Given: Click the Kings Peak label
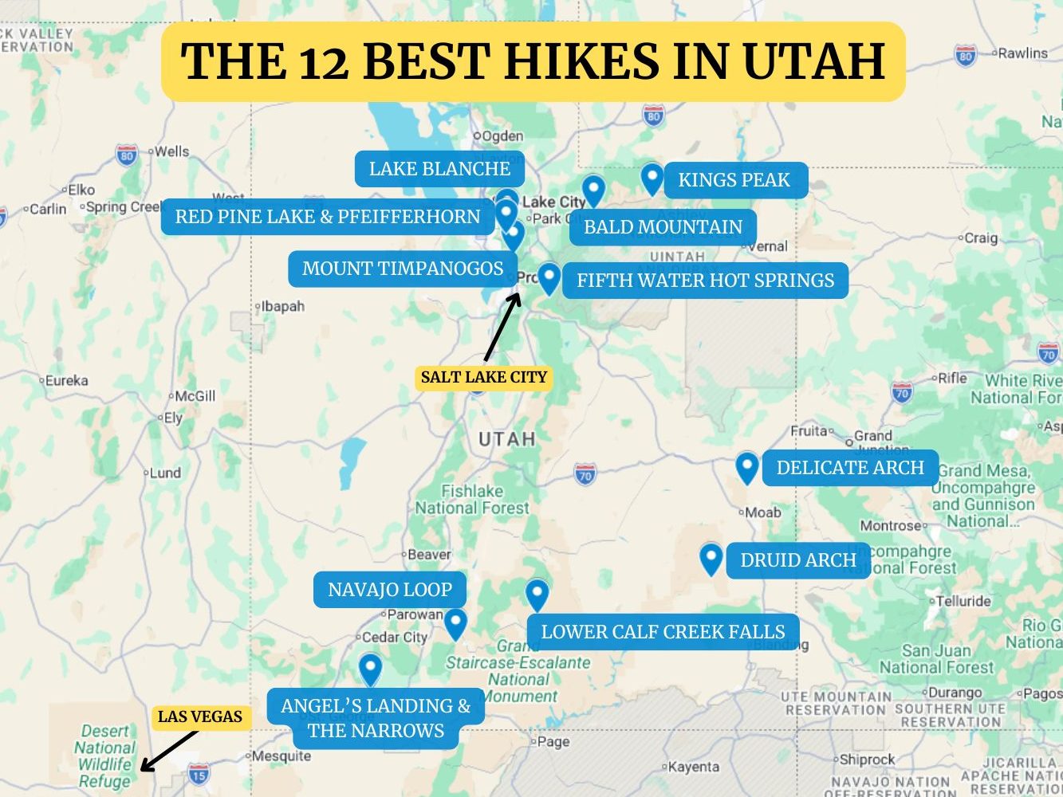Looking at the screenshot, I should point(734,180).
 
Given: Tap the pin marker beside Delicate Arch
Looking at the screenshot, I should point(746,466).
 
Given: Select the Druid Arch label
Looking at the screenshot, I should point(797,560).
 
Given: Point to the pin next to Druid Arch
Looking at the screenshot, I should point(711,558).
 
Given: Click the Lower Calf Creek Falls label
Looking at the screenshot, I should point(663,632).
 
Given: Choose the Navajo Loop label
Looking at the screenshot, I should point(389,590).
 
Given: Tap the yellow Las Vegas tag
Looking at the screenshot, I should point(199,717).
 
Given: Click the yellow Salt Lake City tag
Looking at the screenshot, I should point(484,377).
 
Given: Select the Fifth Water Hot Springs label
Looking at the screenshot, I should point(705,281).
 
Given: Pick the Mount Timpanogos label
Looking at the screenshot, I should point(403,269).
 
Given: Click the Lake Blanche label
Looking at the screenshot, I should point(439,169).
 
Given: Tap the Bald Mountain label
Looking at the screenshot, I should point(663,227).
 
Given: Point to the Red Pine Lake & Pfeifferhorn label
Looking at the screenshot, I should point(328,217).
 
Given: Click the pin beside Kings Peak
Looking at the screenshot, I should point(652,178).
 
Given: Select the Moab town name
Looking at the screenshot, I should point(762,512).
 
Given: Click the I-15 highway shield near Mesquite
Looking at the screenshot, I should point(199,772).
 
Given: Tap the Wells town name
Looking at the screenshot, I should point(171,151).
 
